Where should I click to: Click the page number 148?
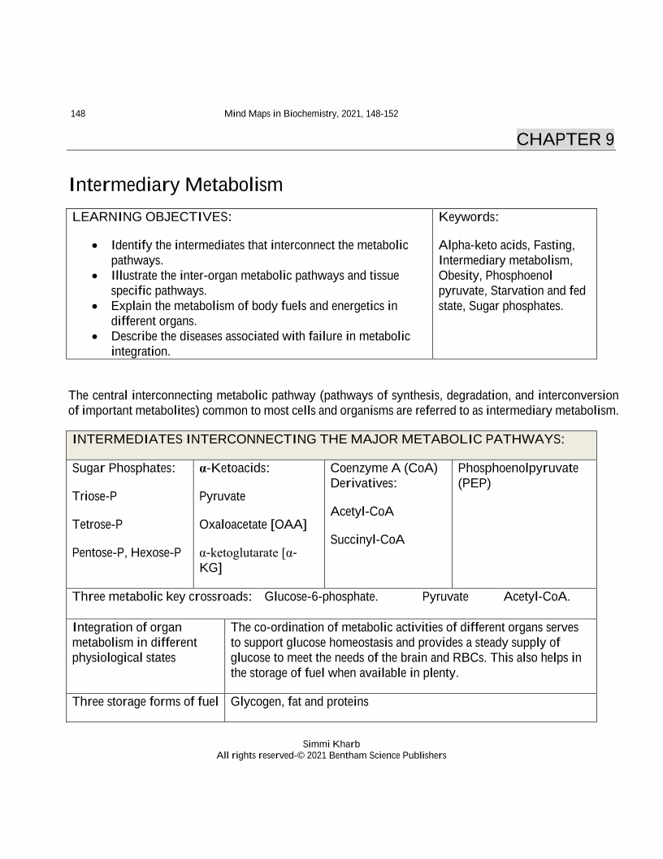point(78,113)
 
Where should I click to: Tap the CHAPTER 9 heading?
point(565,139)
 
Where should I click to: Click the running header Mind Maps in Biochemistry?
point(310,113)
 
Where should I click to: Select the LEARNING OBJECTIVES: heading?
point(152,217)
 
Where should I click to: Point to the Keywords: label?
point(468,217)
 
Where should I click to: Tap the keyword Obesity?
point(459,275)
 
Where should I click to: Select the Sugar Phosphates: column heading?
point(123,469)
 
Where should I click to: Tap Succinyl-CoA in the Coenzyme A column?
point(367,539)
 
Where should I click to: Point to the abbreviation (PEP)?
point(474,483)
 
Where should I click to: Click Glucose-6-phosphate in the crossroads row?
point(321,596)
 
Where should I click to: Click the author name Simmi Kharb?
point(331,743)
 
